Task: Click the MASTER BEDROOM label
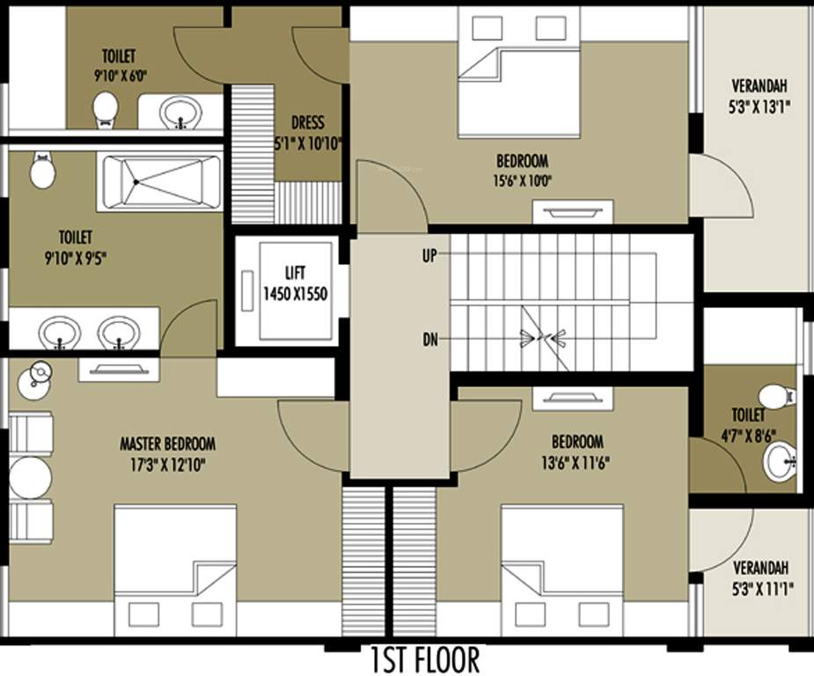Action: tap(167, 444)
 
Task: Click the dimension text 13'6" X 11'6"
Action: tap(576, 461)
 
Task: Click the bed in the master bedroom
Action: tap(175, 569)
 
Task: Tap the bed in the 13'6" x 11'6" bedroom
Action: tap(562, 569)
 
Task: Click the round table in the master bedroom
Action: tap(31, 478)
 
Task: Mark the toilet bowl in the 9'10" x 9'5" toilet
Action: tap(42, 171)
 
